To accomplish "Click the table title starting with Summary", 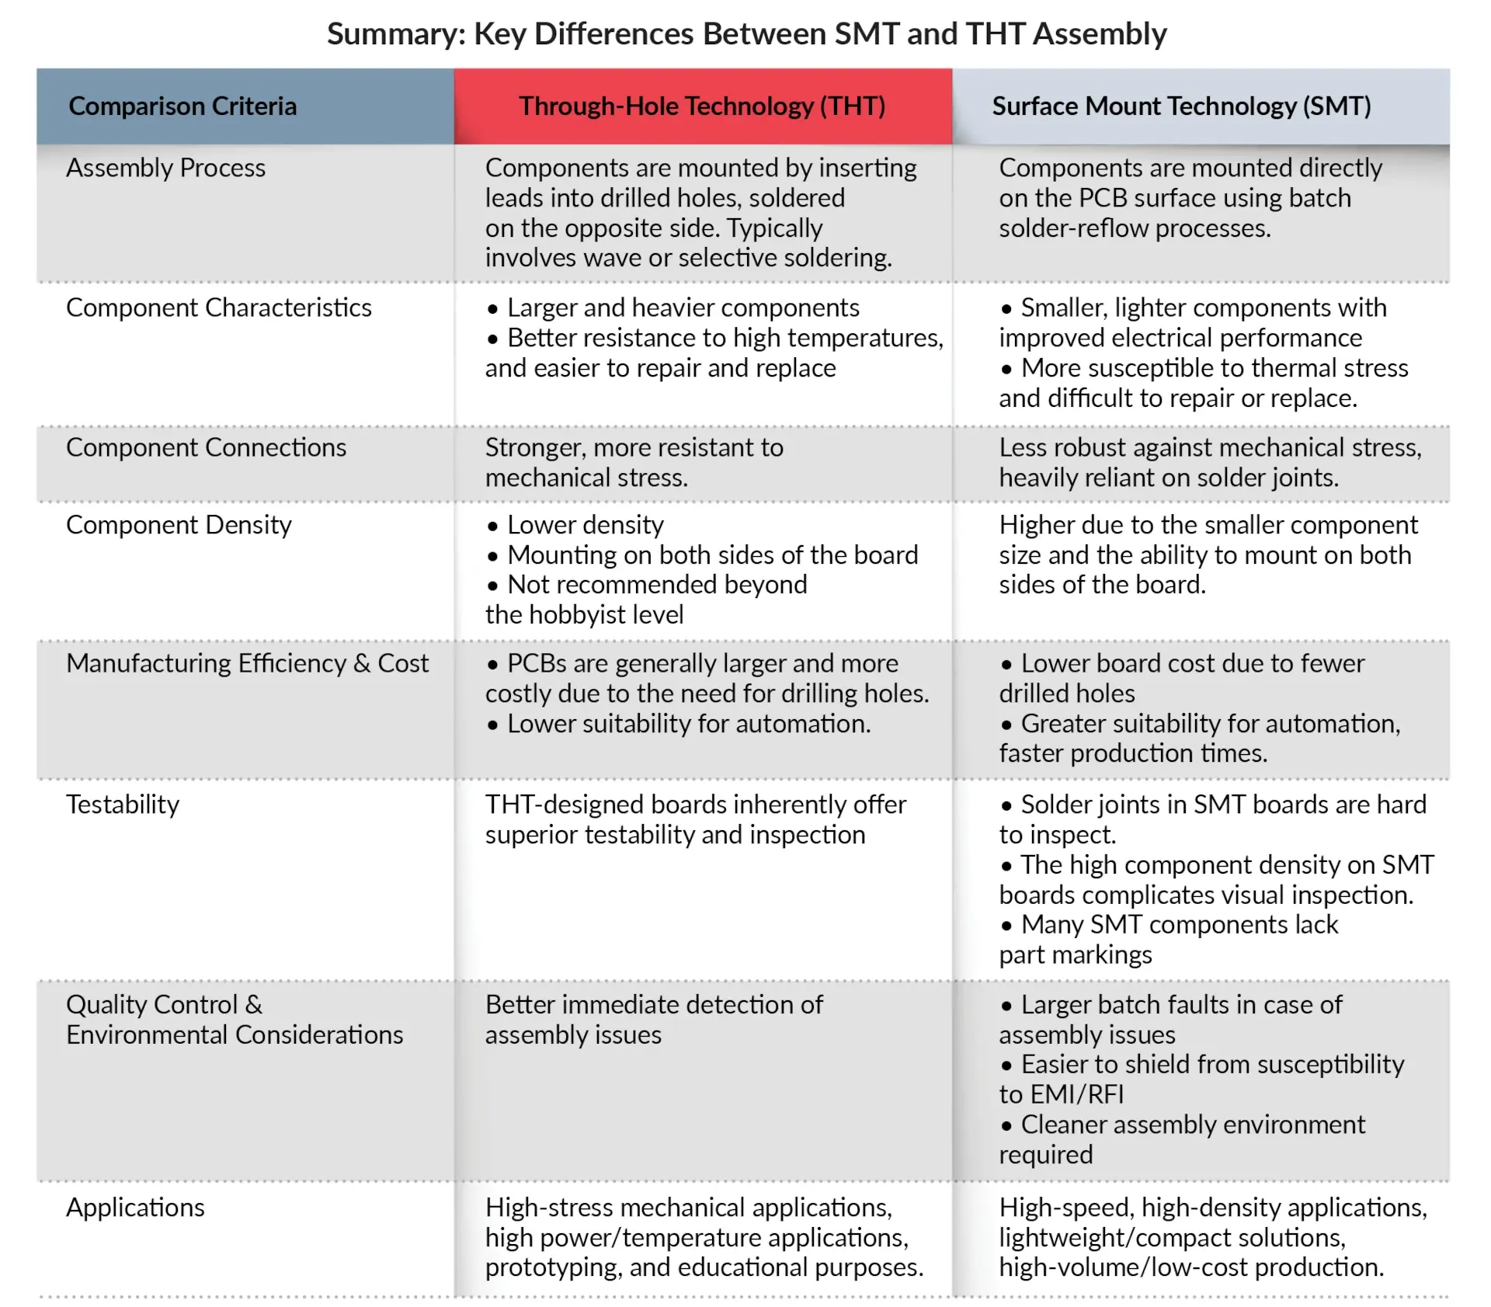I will point(745,34).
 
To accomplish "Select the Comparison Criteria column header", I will point(182,106).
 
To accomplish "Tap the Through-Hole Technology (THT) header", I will point(702,106).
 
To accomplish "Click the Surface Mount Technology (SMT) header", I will point(1181,106).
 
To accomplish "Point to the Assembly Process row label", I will point(165,169).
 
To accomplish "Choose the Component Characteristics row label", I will point(218,308).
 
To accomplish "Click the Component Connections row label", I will point(206,448).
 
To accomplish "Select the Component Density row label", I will point(179,526).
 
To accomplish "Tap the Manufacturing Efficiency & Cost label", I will point(247,664).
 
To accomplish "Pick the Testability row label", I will point(123,805).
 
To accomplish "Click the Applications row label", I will point(135,1208).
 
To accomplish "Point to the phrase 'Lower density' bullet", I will point(585,526).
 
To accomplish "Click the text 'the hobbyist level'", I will point(584,615).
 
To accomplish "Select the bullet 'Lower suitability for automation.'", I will point(688,724).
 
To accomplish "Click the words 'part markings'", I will point(1075,955).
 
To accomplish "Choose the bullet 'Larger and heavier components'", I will point(683,308).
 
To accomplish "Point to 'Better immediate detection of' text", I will point(654,1005).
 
